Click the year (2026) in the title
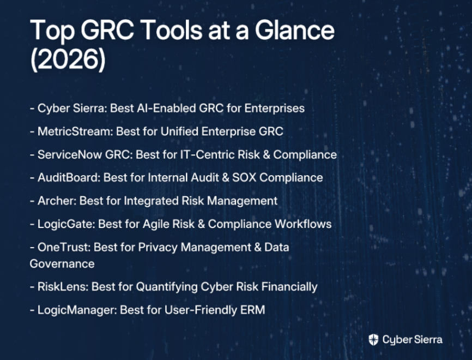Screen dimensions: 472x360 pyautogui.click(x=68, y=59)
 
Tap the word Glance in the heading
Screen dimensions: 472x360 pyautogui.click(x=295, y=30)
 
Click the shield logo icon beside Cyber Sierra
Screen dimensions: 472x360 pyautogui.click(x=373, y=339)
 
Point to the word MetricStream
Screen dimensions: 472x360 pyautogui.click(x=75, y=131)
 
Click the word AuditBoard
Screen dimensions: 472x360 pyautogui.click(x=69, y=177)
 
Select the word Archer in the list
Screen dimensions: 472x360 pyautogui.click(x=57, y=201)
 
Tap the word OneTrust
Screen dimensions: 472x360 pyautogui.click(x=64, y=247)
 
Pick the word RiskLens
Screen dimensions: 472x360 pyautogui.click(x=63, y=286)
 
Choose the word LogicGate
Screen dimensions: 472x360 pyautogui.click(x=66, y=224)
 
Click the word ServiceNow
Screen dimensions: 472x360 pyautogui.click(x=70, y=154)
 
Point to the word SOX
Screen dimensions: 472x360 pyautogui.click(x=244, y=177)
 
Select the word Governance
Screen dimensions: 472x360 pyautogui.click(x=62, y=263)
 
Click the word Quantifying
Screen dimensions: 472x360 pyautogui.click(x=167, y=287)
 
